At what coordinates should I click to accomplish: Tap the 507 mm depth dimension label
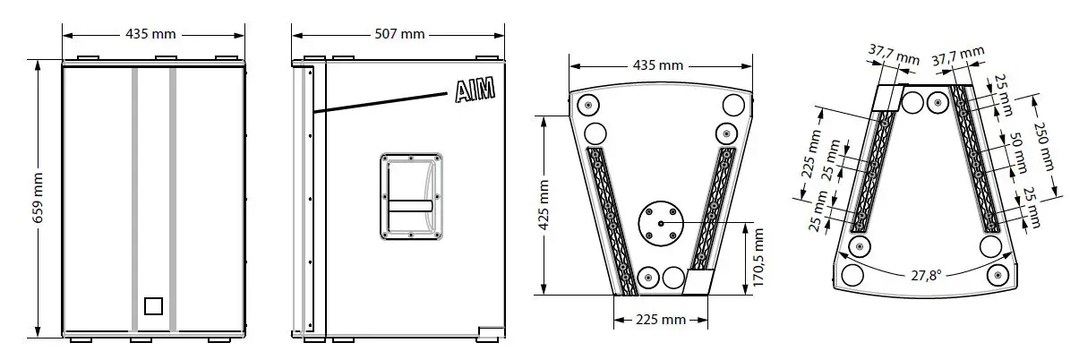[x=398, y=34]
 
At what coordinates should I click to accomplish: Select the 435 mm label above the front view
[x=150, y=34]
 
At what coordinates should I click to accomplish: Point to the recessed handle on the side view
[x=410, y=194]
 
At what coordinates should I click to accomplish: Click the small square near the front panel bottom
[x=153, y=305]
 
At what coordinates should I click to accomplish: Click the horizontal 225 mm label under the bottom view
[x=660, y=320]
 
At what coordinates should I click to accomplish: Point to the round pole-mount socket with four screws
[x=661, y=223]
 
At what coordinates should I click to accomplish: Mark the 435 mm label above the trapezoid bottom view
[x=659, y=65]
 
